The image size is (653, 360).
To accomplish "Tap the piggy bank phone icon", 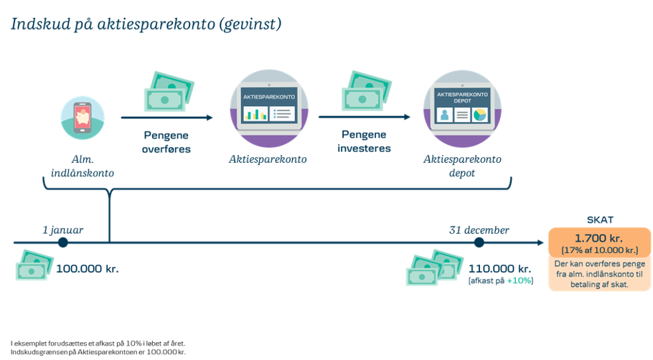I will (x=83, y=117).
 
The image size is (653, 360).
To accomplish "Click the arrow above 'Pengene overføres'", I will (x=167, y=118).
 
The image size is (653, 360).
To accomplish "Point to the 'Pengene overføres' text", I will (x=166, y=142).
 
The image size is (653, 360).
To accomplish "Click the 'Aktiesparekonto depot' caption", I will (x=461, y=166).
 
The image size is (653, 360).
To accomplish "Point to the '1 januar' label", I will (x=62, y=230).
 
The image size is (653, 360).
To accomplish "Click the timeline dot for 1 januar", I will (x=63, y=243).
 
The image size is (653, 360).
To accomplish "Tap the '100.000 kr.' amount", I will (x=88, y=270).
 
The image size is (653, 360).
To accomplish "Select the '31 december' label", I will (x=479, y=230).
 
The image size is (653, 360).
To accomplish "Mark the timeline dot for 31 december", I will (x=479, y=243).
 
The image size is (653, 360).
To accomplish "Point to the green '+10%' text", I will (x=520, y=281).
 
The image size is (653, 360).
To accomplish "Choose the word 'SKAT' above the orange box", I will (x=600, y=220).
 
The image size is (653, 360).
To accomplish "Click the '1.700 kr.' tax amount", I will (x=600, y=237).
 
